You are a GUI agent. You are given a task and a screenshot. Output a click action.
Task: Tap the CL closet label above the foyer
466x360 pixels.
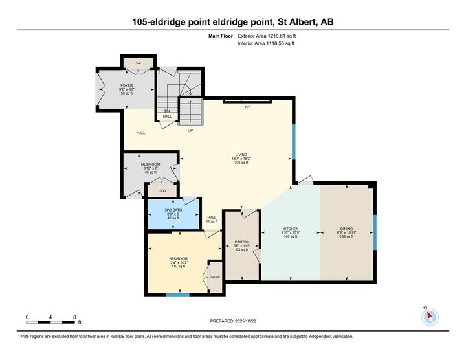point(139,63)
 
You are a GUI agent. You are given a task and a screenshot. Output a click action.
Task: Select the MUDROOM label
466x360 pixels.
point(151,164)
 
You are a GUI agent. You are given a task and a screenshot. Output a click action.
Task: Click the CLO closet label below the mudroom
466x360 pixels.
point(162,191)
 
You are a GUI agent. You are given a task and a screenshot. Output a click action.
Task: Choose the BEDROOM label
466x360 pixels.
point(178,258)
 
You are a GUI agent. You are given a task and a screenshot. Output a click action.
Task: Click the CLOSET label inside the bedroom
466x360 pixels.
point(216,276)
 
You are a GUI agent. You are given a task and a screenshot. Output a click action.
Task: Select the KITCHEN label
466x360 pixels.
point(289,229)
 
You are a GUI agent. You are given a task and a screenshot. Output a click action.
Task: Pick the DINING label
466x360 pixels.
point(348,229)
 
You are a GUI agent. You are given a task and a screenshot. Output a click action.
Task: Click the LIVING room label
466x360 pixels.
point(241,154)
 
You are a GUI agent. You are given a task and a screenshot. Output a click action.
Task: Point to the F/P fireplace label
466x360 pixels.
point(247,106)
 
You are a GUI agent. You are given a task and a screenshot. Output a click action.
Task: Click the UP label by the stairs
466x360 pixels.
point(190,130)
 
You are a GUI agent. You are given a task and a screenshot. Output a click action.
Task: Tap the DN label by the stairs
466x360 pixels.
point(166,111)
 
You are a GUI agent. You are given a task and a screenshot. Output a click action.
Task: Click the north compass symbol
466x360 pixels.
point(430,317)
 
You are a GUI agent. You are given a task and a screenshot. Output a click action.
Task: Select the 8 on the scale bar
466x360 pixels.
point(75,317)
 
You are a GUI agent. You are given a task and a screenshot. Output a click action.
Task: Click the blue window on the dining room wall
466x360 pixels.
point(375,234)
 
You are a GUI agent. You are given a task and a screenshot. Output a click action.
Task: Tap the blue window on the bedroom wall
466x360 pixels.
point(178,295)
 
